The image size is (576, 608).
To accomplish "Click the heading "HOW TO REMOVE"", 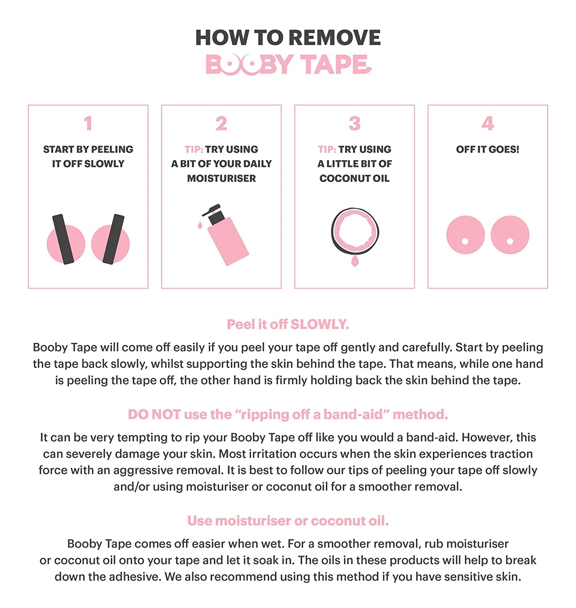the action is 288,37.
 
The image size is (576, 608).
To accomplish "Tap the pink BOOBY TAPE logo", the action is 288,64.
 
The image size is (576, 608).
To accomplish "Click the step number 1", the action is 88,123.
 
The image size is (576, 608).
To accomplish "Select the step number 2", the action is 221,123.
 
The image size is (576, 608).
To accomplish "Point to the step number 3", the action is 355,123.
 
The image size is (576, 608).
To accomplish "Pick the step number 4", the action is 488,123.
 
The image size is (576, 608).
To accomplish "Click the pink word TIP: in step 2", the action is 194,150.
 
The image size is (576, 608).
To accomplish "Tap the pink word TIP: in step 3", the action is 327,150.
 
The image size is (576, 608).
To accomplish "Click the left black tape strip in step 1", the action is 63,239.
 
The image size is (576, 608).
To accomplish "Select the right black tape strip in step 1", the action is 113,239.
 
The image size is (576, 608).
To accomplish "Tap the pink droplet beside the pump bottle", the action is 200,225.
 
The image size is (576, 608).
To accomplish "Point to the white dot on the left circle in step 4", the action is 465,241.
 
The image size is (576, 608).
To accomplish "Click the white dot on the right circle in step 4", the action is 510,241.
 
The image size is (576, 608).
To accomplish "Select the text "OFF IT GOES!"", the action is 488,150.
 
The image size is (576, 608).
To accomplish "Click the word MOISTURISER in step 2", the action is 221,178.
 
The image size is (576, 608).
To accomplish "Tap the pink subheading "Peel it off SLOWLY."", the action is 288,324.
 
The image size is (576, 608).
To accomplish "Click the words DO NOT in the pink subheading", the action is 155,414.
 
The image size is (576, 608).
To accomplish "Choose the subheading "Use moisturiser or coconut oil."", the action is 288,521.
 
